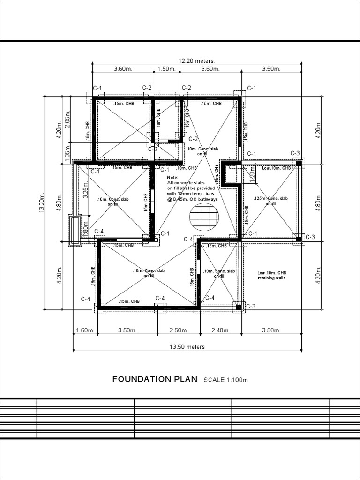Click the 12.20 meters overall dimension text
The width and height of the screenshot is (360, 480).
196,61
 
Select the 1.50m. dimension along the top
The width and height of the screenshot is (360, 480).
166,69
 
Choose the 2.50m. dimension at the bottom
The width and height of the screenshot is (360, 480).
178,330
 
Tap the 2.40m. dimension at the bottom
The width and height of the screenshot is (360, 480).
220,330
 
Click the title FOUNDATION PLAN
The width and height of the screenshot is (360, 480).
155,379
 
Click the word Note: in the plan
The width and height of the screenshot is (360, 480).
172,178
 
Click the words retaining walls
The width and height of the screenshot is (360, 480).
272,277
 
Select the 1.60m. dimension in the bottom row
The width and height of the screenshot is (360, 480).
85,330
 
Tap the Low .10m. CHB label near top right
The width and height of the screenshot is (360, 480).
277,167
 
